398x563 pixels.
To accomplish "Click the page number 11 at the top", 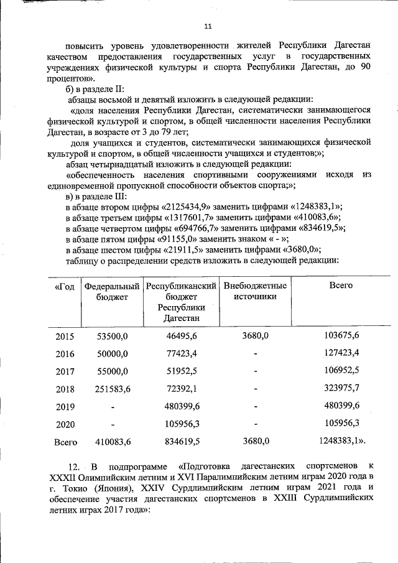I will point(208,26).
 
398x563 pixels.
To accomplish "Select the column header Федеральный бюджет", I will point(112,291).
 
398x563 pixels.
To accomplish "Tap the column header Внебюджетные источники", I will point(254,291).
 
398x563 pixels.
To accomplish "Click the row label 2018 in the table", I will point(65,389).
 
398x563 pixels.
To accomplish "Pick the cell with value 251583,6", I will point(112,389).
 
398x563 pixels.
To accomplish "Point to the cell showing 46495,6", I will point(182,336).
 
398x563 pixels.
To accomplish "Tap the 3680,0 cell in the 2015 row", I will point(254,336).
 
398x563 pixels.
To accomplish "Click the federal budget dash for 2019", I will point(113,407).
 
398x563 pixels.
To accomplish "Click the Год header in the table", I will point(65,286).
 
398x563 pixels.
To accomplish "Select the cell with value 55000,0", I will point(112,371).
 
